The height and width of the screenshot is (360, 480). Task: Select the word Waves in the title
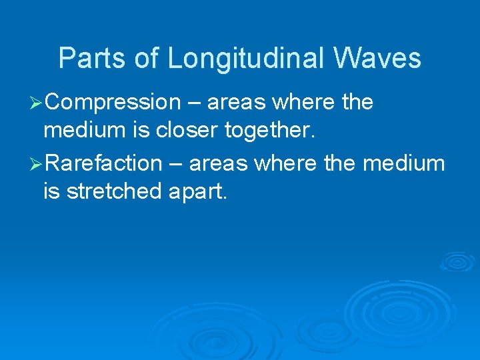click(378, 59)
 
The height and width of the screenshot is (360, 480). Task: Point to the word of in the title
click(147, 59)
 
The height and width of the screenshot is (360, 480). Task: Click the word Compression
click(114, 103)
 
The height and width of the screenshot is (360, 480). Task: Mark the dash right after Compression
click(193, 103)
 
